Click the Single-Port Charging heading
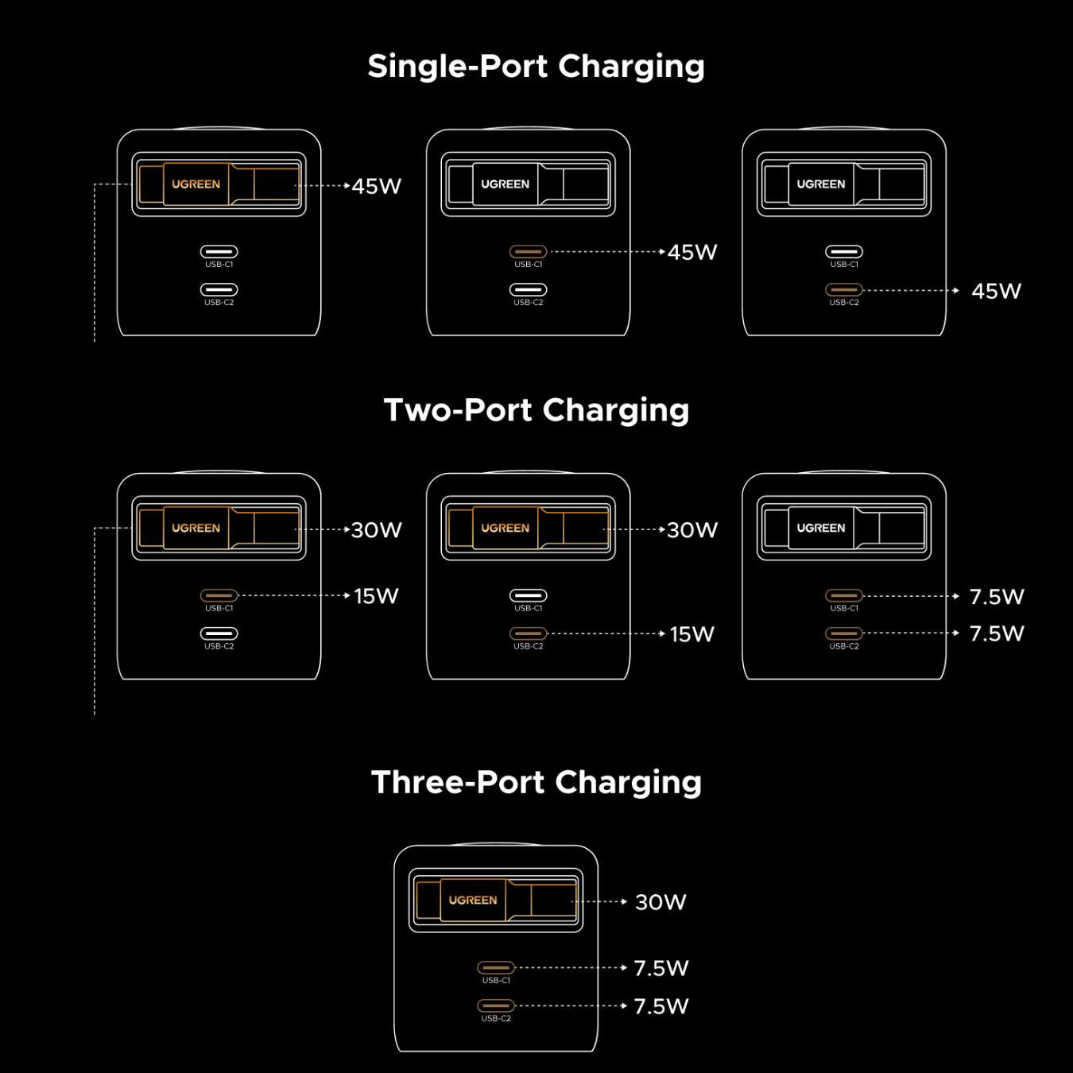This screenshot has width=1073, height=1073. (536, 67)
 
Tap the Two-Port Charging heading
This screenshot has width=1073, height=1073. (536, 411)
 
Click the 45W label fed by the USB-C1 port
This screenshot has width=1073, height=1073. (692, 252)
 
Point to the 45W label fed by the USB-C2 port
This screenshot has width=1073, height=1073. (996, 291)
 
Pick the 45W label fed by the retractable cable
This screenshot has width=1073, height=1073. (377, 186)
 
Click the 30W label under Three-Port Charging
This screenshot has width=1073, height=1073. (660, 902)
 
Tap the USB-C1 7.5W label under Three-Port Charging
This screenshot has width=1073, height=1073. (661, 968)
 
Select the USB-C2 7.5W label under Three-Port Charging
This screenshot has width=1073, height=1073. (661, 1006)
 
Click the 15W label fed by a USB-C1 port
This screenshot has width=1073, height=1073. (376, 596)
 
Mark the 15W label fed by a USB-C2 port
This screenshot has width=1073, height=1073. (691, 634)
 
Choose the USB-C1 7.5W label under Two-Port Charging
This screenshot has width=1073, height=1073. (997, 596)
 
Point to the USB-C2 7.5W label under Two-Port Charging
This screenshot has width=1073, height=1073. (997, 633)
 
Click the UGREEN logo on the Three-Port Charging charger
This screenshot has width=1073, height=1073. (472, 900)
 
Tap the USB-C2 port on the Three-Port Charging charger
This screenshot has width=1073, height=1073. (496, 1005)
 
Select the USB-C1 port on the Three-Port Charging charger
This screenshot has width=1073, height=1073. (496, 967)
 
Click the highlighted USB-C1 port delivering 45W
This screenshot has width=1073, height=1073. (528, 252)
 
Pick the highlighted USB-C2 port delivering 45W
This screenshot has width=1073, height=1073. (844, 290)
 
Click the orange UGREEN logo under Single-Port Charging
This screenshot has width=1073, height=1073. (196, 184)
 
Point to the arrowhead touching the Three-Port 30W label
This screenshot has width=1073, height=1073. (624, 902)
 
